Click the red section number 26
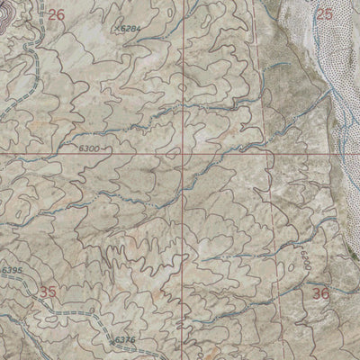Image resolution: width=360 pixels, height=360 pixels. [57, 14]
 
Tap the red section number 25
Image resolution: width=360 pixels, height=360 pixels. [325, 14]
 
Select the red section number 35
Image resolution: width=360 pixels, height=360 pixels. [49, 292]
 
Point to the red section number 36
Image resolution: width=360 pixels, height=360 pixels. [321, 292]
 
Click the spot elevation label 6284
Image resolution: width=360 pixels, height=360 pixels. [132, 30]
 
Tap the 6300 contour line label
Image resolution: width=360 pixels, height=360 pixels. [79, 145]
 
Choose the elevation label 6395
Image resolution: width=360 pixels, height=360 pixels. [13, 271]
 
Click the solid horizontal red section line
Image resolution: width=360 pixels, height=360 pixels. [90, 153]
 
